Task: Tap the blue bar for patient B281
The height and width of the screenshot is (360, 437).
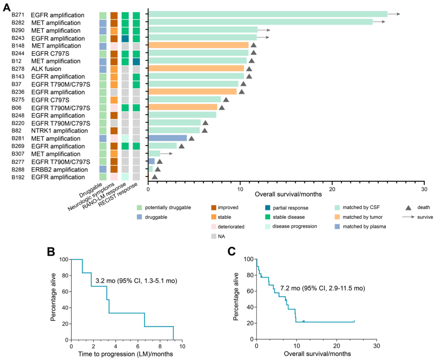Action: point(168,138)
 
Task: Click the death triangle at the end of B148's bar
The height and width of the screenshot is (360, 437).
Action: point(253,46)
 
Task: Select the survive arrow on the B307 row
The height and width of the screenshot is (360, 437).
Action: point(167,153)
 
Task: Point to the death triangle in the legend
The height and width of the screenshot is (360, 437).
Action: point(408,207)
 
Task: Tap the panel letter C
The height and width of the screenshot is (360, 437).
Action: point(232,252)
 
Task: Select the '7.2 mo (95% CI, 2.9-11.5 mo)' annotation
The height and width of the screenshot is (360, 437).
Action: point(322,288)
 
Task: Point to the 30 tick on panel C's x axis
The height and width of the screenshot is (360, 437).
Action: point(376,347)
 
